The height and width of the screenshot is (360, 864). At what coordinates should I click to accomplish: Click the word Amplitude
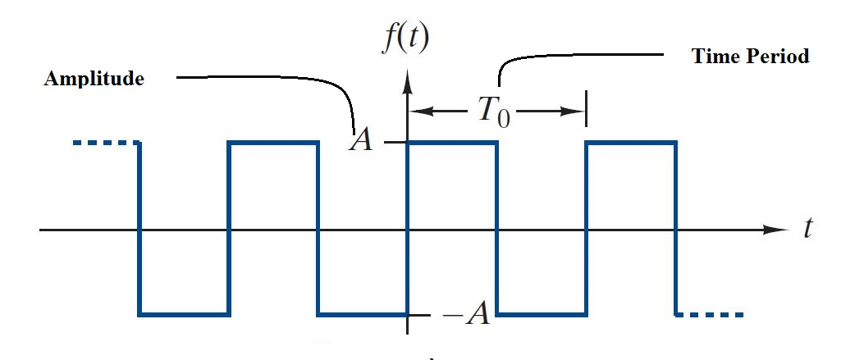[x=94, y=79]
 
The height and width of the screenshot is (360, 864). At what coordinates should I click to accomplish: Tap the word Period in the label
[x=777, y=57]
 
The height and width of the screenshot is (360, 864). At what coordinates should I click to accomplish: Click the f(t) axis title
[x=405, y=38]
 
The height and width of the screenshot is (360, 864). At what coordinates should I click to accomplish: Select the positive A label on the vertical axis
[x=360, y=141]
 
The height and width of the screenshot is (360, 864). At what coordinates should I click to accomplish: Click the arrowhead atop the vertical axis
[x=407, y=80]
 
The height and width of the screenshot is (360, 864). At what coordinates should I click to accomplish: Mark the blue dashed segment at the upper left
[x=105, y=144]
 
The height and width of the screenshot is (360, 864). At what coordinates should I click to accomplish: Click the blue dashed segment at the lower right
[x=711, y=314]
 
